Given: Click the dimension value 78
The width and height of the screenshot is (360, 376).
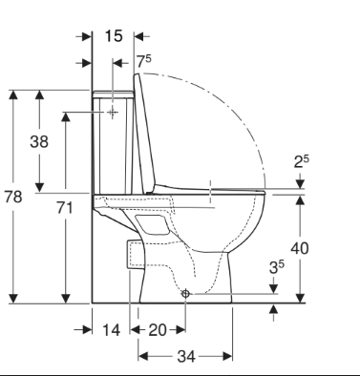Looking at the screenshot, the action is point(13,197).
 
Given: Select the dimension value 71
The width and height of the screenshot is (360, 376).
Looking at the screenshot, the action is point(65,208).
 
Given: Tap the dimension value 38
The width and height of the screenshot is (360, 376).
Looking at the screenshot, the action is point(39,141).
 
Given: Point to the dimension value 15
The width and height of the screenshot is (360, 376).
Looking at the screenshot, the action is point(114,36).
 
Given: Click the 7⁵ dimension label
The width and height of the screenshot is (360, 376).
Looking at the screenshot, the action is point(144,61).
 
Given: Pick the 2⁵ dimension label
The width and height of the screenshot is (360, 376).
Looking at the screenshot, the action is point(301,161).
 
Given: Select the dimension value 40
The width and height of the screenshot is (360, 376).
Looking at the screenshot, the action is point(300,248).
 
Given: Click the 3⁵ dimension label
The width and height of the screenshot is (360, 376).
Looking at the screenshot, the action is point(277,267).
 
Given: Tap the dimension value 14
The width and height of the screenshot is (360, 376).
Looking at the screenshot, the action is point(112,330).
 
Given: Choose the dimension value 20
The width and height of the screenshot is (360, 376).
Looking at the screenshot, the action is point(158,330).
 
